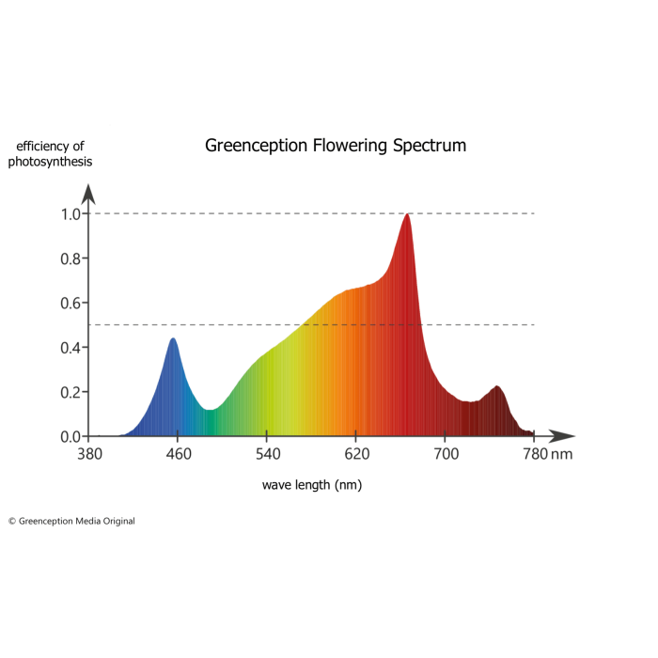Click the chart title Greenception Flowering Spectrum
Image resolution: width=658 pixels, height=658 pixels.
(336, 146)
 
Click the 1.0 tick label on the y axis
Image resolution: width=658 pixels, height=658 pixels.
(71, 213)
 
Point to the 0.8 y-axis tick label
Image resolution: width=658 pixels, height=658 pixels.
(71, 258)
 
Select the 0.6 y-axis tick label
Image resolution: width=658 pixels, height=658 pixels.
(71, 303)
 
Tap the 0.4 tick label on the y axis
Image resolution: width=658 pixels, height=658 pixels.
(71, 348)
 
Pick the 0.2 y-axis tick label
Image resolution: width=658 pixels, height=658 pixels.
(71, 392)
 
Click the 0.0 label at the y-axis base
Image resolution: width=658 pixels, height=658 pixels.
(71, 436)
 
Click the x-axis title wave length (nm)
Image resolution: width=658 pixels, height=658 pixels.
(312, 485)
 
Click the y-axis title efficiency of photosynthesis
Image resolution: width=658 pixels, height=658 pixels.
(51, 153)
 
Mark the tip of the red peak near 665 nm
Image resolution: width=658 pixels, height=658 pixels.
(407, 215)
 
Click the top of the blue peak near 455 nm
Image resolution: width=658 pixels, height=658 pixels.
(173, 339)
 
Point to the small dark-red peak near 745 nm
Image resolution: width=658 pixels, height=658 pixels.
(497, 387)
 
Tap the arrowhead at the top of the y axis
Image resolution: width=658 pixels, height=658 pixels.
(89, 193)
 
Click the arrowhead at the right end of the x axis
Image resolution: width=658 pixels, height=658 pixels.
(564, 436)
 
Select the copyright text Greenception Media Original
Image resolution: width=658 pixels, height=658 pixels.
(72, 521)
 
